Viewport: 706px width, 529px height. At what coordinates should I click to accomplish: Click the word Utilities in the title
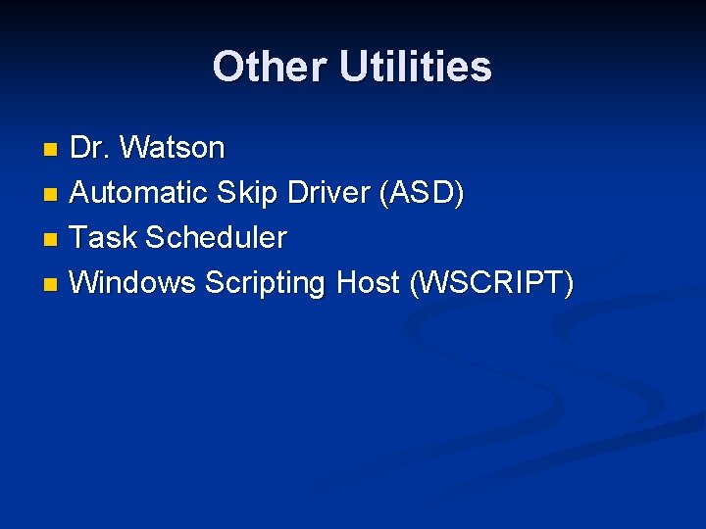[416, 67]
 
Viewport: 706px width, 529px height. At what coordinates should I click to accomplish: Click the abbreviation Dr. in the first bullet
[90, 148]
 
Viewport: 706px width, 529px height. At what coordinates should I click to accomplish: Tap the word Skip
[249, 193]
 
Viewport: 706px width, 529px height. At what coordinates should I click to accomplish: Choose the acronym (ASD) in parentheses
[424, 193]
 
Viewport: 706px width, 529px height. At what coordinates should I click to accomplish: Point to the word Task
[104, 238]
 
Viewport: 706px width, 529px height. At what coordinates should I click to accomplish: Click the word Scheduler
[216, 238]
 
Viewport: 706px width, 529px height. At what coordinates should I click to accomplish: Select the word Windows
[133, 283]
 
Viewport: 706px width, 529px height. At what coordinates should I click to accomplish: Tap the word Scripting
[266, 283]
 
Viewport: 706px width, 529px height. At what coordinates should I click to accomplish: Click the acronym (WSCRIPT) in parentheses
[492, 283]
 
